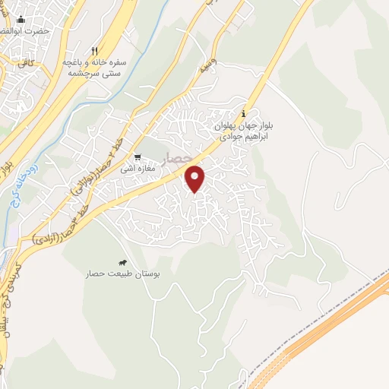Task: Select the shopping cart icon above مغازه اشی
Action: pyautogui.click(x=137, y=158)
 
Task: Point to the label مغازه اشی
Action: pyautogui.click(x=139, y=168)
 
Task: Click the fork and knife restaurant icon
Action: pyautogui.click(x=94, y=49)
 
